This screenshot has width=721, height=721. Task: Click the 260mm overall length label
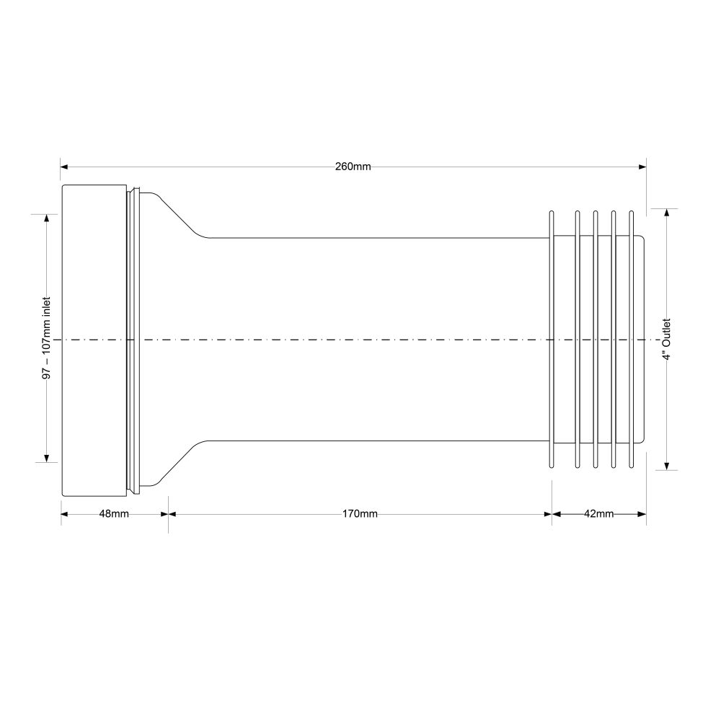[353, 167]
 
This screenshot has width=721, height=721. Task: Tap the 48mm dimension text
[114, 513]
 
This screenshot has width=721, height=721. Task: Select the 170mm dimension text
[360, 513]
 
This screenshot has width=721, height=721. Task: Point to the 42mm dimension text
[598, 513]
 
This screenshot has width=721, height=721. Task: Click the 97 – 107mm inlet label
[46, 338]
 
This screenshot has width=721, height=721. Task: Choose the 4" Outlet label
[667, 340]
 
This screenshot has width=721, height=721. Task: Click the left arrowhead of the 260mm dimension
[64, 167]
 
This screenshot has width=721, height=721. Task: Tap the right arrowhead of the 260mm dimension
[642, 167]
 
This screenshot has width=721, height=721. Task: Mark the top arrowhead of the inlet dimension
[46, 218]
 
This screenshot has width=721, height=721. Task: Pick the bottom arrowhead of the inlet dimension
[46, 458]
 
